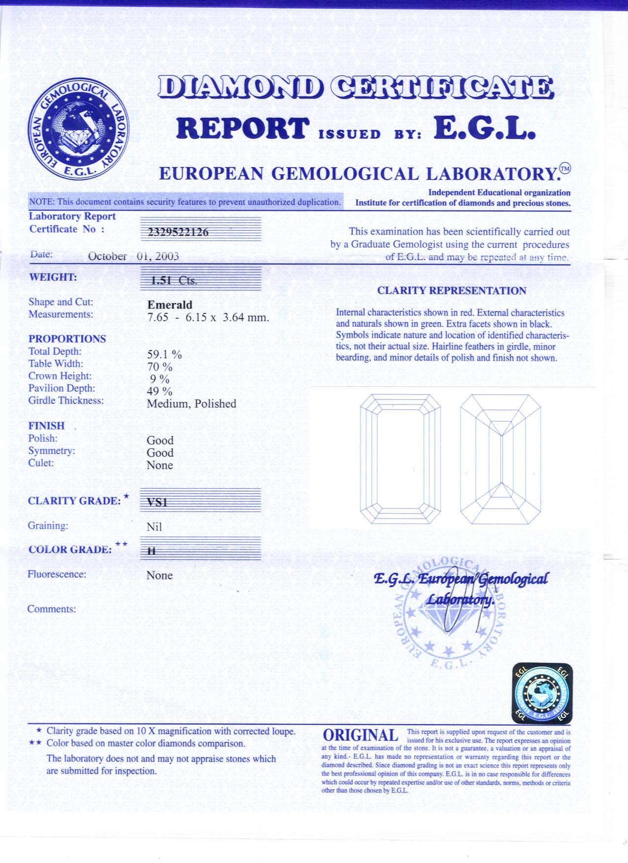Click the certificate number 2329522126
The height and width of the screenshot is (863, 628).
[178, 232]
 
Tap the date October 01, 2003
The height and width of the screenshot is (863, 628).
[133, 256]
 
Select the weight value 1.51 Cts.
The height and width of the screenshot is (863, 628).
[174, 280]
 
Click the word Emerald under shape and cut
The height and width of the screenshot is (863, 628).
[170, 305]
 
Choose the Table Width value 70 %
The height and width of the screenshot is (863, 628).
[160, 367]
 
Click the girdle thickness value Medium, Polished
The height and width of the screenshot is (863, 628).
[192, 404]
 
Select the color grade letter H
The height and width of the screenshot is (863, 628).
[152, 552]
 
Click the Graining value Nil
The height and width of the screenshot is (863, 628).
[154, 527]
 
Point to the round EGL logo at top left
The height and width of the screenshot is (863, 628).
[78, 128]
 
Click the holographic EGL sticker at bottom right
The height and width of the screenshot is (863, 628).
[542, 693]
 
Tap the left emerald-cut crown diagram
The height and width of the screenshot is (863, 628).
[400, 459]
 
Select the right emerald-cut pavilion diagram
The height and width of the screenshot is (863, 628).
[500, 459]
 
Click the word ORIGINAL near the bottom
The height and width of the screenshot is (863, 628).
[361, 736]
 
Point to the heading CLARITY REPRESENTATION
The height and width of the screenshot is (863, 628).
[452, 291]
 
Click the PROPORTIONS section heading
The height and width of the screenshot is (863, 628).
[67, 339]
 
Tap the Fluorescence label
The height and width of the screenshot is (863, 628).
[57, 574]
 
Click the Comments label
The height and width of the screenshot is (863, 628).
[52, 609]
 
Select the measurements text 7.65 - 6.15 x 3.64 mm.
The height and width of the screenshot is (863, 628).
[208, 317]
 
